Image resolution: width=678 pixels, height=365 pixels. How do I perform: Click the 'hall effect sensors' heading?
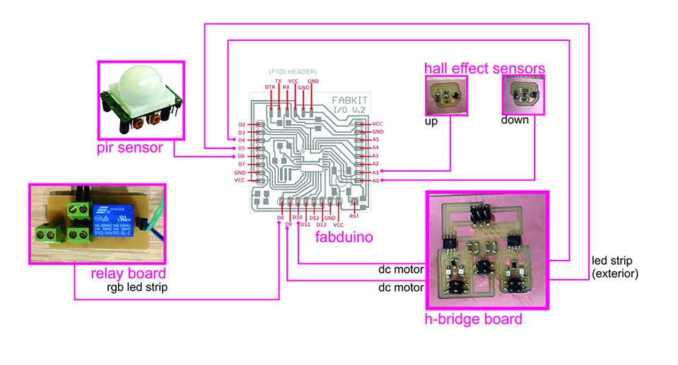(484, 68)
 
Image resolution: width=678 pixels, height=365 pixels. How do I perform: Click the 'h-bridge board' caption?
(473, 319)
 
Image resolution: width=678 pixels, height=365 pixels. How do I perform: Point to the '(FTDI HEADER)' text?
(293, 71)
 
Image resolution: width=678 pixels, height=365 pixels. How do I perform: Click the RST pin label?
(354, 217)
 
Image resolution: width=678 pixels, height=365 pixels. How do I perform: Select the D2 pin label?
(242, 124)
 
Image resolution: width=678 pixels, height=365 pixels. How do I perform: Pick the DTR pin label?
(269, 87)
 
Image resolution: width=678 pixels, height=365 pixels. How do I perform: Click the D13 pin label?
(322, 225)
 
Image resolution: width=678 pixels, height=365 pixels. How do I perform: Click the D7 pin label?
(242, 164)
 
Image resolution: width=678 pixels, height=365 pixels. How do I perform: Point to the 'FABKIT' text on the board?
(349, 101)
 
